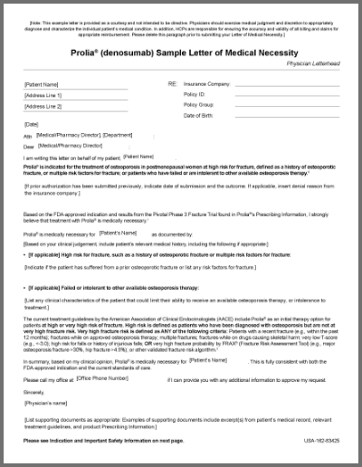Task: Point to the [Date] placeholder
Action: click(x=33, y=124)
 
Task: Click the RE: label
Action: click(x=172, y=83)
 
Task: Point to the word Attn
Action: click(x=28, y=135)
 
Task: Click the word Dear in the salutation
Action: click(x=29, y=146)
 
